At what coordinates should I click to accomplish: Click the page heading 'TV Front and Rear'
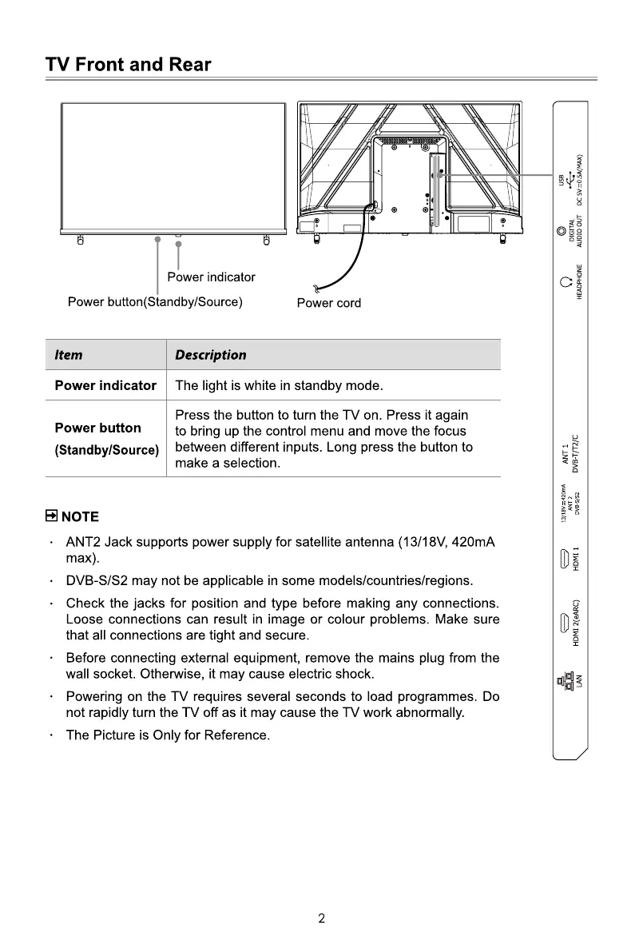pyautogui.click(x=129, y=66)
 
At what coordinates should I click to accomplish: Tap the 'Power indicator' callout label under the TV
pyautogui.click(x=211, y=277)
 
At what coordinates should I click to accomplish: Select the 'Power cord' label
pyautogui.click(x=328, y=303)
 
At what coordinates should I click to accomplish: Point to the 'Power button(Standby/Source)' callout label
pyautogui.click(x=155, y=302)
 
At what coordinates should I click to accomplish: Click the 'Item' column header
pyautogui.click(x=68, y=355)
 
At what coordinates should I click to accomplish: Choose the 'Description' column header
pyautogui.click(x=210, y=355)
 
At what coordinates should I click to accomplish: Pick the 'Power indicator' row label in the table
pyautogui.click(x=105, y=385)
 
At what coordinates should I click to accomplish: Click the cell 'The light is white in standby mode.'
pyautogui.click(x=279, y=386)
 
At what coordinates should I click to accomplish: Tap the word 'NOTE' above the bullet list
pyautogui.click(x=80, y=516)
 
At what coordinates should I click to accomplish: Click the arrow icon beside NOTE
pyautogui.click(x=51, y=516)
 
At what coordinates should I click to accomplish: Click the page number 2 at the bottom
pyautogui.click(x=321, y=918)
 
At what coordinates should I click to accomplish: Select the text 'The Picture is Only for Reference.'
pyautogui.click(x=168, y=735)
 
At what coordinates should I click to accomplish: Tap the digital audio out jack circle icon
pyautogui.click(x=562, y=232)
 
